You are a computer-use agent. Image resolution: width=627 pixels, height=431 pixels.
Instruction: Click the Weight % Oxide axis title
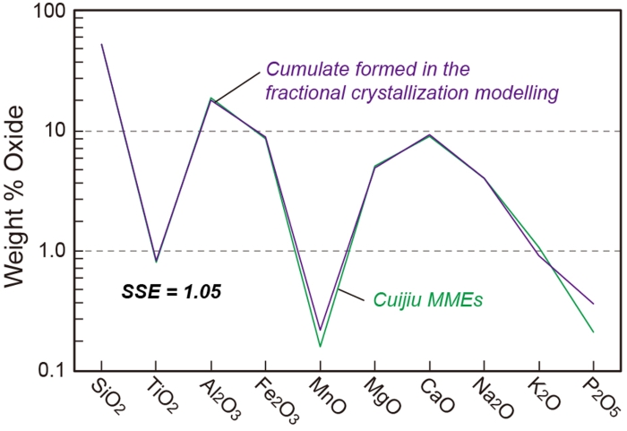click(18, 192)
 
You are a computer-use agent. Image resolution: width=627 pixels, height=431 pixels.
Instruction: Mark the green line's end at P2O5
click(594, 332)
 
